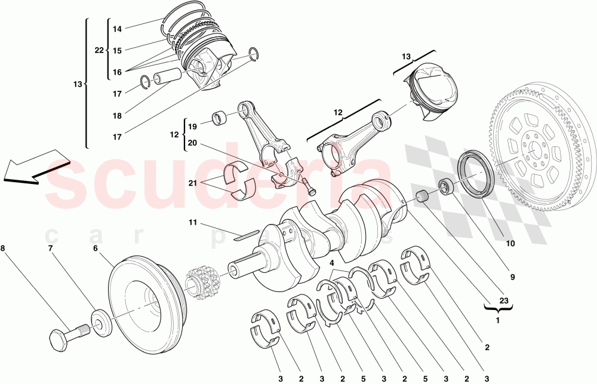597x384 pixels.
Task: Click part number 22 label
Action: (99, 51)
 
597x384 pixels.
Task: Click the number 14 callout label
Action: (117, 29)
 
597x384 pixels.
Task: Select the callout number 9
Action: (512, 277)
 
